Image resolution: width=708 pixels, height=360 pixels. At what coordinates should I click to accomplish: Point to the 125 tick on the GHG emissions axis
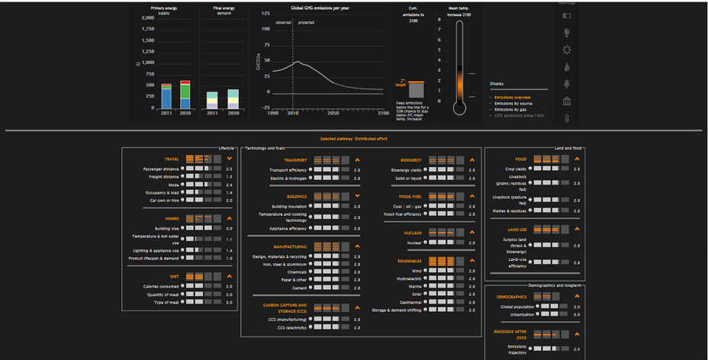[x=266, y=14]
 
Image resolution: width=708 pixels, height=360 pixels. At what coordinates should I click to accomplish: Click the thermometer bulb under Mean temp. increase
[x=459, y=106]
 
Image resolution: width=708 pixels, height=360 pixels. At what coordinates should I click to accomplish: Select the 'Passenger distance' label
[x=161, y=169]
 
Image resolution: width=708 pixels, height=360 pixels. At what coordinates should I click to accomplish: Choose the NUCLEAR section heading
[x=413, y=233]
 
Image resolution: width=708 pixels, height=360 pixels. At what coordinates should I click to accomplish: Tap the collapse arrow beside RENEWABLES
[x=471, y=261]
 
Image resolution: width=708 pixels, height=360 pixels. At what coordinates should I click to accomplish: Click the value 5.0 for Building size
[x=229, y=228]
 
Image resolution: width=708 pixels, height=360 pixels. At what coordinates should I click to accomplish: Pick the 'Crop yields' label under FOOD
[x=516, y=169]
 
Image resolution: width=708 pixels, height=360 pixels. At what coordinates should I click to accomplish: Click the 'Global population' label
[x=517, y=306]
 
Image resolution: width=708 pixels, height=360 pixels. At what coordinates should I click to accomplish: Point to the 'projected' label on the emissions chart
[x=305, y=22]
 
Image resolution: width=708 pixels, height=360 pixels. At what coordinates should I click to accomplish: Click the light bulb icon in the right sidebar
[x=566, y=33]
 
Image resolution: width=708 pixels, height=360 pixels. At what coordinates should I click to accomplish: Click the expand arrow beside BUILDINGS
[x=356, y=196]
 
